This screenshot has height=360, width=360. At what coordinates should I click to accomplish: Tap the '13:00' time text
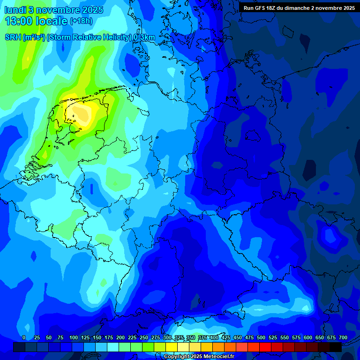(x=19, y=21)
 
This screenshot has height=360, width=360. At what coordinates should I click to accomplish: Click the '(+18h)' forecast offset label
(x=81, y=21)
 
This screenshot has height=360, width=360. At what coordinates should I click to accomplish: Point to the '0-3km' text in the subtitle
(x=144, y=37)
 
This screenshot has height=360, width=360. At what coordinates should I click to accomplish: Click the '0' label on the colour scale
(x=24, y=337)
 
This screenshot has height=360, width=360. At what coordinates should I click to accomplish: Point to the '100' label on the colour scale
(x=73, y=337)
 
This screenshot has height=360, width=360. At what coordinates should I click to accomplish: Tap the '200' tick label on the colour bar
(x=120, y=337)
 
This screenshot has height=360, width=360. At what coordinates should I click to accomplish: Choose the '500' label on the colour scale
(x=261, y=337)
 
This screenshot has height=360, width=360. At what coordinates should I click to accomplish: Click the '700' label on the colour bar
(x=343, y=337)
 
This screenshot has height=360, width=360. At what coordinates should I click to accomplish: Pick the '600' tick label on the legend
(x=308, y=337)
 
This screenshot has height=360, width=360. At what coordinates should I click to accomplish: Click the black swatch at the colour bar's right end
(x=335, y=347)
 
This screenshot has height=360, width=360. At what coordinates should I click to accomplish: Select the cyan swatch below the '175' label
(x=112, y=347)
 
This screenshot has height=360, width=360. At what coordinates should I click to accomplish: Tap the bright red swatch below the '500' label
(x=253, y=347)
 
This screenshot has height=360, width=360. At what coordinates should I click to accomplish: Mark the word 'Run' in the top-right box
(x=248, y=8)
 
